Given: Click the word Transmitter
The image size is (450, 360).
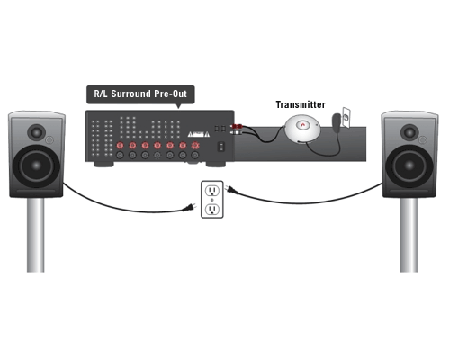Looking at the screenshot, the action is [301, 104].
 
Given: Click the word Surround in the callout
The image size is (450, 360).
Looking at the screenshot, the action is [130, 94].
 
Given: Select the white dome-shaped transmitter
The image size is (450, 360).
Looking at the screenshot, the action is [302, 128].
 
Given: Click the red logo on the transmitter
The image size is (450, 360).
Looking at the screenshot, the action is [302, 124].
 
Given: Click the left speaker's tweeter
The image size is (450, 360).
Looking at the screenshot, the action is [36, 132].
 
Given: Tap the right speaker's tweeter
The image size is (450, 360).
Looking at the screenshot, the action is [409, 132].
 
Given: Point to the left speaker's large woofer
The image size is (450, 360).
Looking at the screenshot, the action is [36, 166].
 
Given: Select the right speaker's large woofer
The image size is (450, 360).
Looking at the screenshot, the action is [409, 166].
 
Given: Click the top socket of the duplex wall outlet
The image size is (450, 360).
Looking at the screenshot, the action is [212, 190].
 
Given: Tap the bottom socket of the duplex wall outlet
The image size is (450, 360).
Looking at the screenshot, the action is [212, 209].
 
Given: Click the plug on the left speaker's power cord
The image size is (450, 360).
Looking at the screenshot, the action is [190, 208].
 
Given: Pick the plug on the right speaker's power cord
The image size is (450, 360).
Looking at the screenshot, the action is [232, 190].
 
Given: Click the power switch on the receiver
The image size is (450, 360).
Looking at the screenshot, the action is [221, 147].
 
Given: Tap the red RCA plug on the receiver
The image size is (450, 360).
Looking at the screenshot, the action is [237, 126].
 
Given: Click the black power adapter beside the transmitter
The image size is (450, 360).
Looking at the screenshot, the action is [337, 120].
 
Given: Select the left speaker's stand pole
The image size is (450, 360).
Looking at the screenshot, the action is [36, 235].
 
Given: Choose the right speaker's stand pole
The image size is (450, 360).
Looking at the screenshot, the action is [409, 235].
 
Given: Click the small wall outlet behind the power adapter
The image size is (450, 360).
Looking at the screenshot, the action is [346, 118].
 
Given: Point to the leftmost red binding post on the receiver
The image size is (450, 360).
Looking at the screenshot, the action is [120, 146].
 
